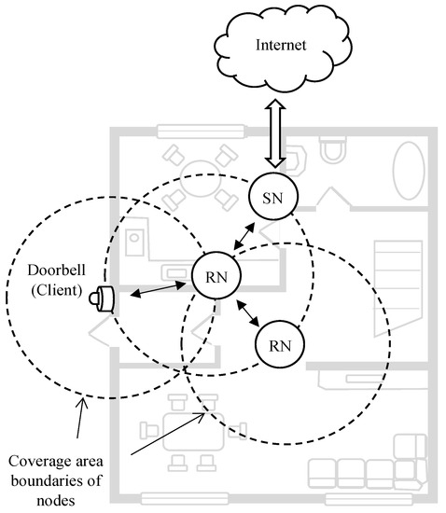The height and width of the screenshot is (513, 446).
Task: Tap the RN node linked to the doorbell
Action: pyautogui.click(x=216, y=277)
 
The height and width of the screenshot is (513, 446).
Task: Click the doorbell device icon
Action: pyautogui.click(x=103, y=298)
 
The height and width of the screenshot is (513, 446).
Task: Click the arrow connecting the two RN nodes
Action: pyautogui.click(x=246, y=312)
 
